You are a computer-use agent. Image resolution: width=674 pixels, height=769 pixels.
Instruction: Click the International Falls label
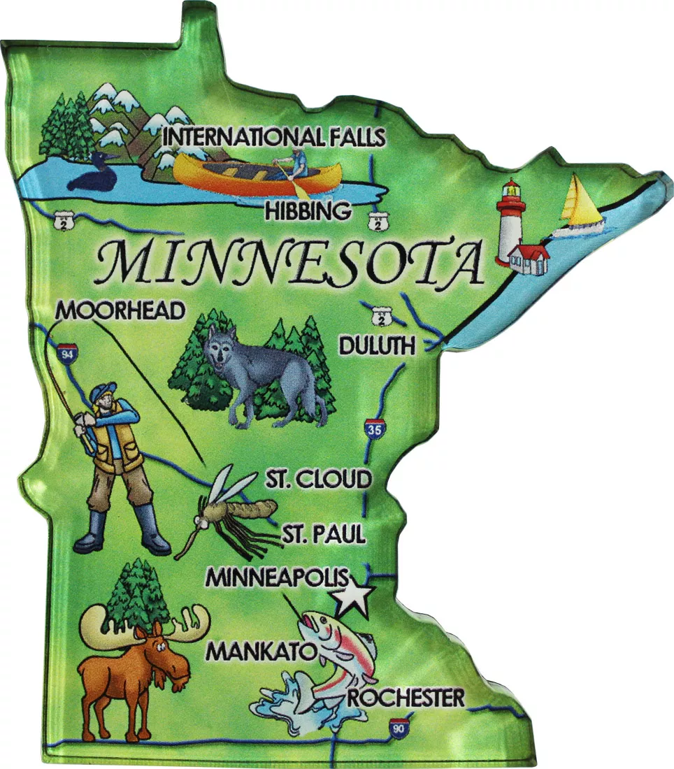pyautogui.click(x=273, y=137)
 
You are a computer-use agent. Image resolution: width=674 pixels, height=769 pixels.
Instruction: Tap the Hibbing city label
pyautogui.click(x=308, y=210)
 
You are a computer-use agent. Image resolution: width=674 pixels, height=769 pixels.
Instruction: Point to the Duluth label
pyautogui.click(x=377, y=345)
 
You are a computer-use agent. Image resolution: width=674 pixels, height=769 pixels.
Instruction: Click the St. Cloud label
pyautogui.click(x=318, y=480)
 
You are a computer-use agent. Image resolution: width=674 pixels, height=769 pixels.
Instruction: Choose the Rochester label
pyautogui.click(x=406, y=697)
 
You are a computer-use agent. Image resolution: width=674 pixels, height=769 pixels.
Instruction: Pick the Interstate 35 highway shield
pyautogui.click(x=374, y=430)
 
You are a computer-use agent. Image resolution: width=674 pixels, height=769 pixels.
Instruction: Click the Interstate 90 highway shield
pyautogui.click(x=399, y=727)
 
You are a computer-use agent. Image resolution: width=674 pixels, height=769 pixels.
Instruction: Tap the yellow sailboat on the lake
pyautogui.click(x=580, y=204)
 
